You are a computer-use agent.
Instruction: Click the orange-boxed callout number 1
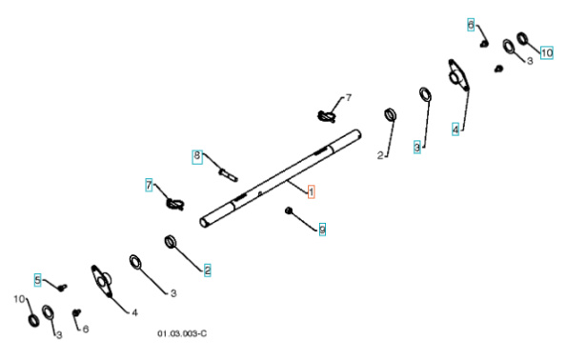click(x=311, y=190)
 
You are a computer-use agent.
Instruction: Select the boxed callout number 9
click(x=322, y=230)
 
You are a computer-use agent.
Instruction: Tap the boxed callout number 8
click(x=198, y=155)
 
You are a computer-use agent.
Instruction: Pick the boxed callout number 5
click(x=38, y=279)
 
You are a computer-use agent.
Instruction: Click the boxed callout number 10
click(x=546, y=52)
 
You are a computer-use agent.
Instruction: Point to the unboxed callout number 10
click(x=18, y=299)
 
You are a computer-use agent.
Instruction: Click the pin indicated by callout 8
click(x=228, y=173)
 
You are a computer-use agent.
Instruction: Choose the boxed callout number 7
click(x=149, y=184)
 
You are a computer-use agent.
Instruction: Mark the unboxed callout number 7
click(x=348, y=98)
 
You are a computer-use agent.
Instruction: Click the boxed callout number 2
click(x=208, y=270)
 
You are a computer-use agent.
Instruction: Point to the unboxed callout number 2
click(x=378, y=153)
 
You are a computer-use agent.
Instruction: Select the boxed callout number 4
click(x=455, y=128)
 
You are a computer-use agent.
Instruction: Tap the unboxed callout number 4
click(x=133, y=311)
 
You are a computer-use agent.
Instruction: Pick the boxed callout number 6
click(x=470, y=24)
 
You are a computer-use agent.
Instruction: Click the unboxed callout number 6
click(x=86, y=329)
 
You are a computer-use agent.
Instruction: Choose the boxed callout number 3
click(x=416, y=147)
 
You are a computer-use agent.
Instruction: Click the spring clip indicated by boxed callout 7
click(x=174, y=203)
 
